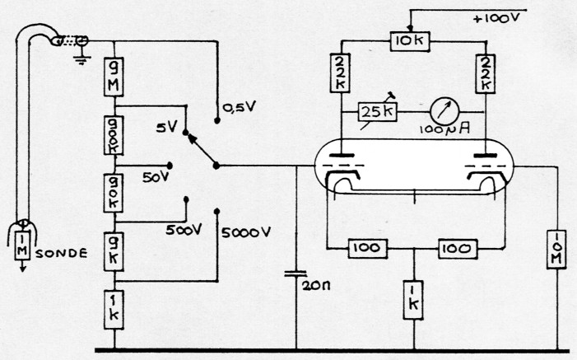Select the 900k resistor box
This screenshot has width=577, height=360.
click(114, 136)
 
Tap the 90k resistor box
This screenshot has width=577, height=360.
click(114, 192)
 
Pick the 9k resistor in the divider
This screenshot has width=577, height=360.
click(114, 250)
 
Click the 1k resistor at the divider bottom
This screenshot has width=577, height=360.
click(114, 307)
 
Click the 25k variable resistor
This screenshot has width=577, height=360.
click(377, 110)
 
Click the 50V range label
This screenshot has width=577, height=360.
click(155, 178)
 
